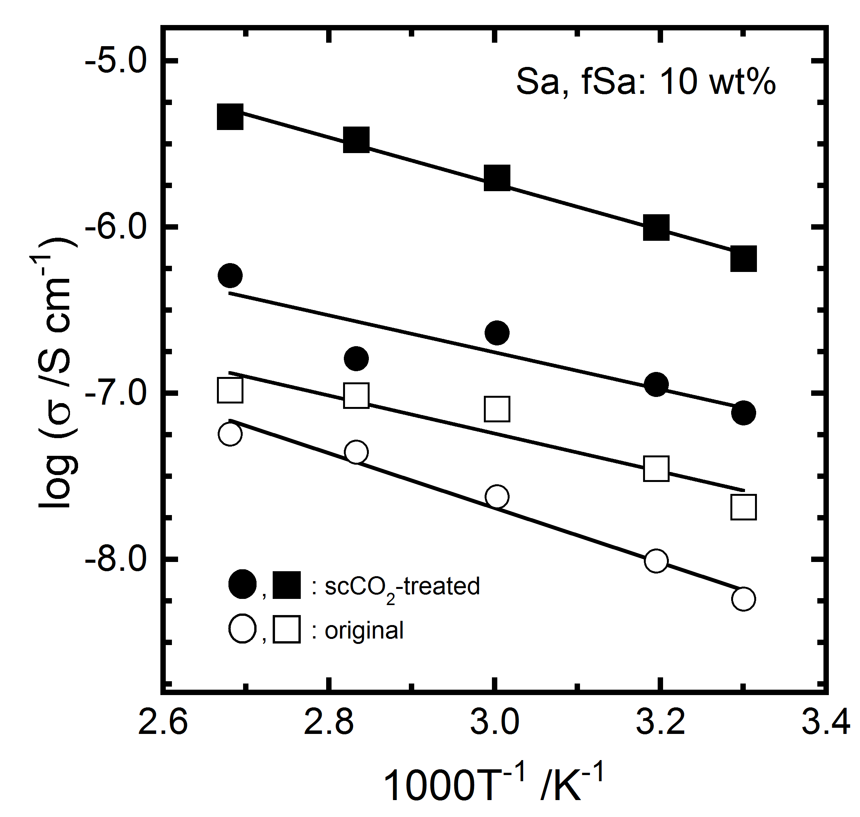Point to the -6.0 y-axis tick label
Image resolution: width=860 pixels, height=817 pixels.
115,227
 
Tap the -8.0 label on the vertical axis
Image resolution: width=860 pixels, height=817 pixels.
115,559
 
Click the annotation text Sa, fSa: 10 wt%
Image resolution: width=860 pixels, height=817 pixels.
646,82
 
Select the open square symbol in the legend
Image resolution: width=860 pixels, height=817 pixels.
287,630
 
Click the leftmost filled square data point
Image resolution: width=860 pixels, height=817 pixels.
230,117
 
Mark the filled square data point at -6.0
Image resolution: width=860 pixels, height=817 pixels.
656,227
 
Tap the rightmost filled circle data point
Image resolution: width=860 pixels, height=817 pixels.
743,413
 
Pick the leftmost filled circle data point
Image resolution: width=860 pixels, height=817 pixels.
230,275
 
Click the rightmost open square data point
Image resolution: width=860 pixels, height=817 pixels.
743,507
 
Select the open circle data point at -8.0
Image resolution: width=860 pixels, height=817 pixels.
656,561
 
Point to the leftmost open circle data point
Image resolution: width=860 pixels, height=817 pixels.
230,434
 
